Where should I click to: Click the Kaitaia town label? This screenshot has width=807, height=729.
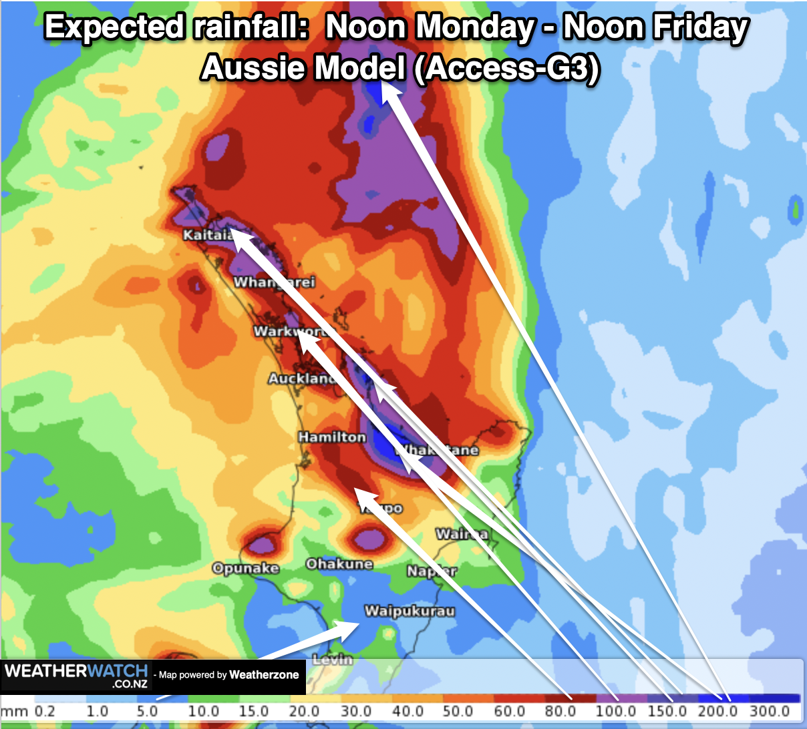[x=208, y=235]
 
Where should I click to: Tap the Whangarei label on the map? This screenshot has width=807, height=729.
[x=274, y=282]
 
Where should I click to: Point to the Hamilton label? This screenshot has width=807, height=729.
[x=332, y=437]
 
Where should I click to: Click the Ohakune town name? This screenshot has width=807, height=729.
[x=339, y=564]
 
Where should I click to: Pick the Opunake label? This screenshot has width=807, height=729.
[x=245, y=568]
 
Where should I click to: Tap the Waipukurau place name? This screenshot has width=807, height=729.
[x=410, y=611]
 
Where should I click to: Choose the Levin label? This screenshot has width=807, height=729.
[x=332, y=660]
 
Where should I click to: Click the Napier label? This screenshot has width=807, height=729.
[x=432, y=571]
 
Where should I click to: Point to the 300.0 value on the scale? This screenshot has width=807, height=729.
[x=770, y=712]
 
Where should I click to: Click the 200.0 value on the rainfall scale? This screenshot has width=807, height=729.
[x=717, y=712]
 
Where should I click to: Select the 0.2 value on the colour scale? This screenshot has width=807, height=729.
[x=45, y=712]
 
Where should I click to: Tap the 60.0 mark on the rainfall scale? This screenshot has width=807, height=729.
[x=510, y=712]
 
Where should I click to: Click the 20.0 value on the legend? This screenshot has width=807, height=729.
[x=304, y=712]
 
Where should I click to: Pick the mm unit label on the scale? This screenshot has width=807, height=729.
[x=15, y=712]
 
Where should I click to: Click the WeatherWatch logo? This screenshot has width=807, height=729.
[x=75, y=676]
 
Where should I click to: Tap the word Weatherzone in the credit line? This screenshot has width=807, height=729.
[x=264, y=675]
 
